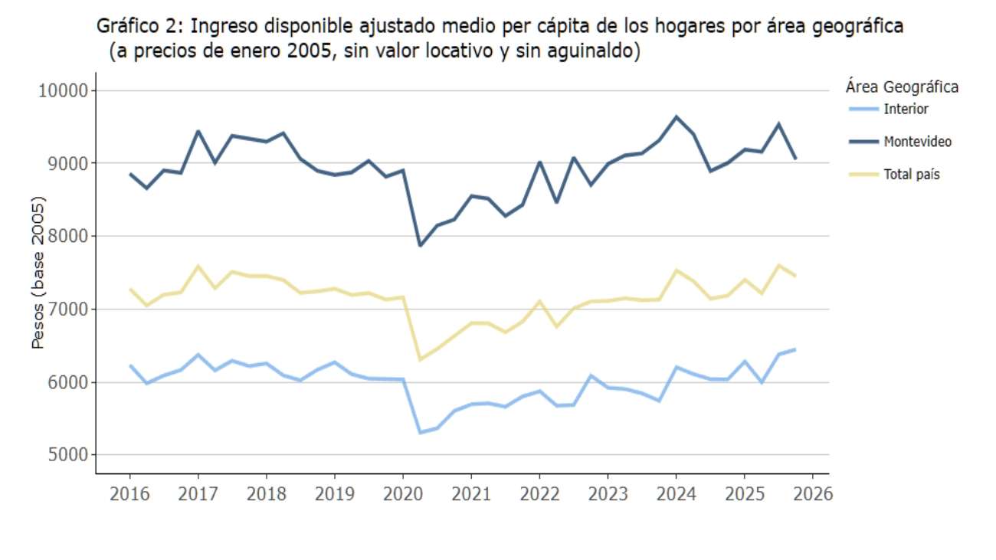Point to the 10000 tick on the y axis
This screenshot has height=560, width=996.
click(64, 90)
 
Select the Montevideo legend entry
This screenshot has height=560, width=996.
click(917, 142)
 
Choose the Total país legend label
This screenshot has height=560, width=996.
click(911, 175)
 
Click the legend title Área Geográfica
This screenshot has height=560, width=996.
click(902, 86)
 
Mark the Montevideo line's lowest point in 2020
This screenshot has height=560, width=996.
click(420, 245)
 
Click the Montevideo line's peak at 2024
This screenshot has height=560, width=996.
click(677, 116)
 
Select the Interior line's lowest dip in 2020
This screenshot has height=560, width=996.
click(420, 432)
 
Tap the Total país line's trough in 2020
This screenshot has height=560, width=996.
click(420, 359)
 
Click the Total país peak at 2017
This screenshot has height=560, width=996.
click(198, 267)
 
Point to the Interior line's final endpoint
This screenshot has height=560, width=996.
click(795, 349)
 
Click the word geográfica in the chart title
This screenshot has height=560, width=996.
click(855, 27)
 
